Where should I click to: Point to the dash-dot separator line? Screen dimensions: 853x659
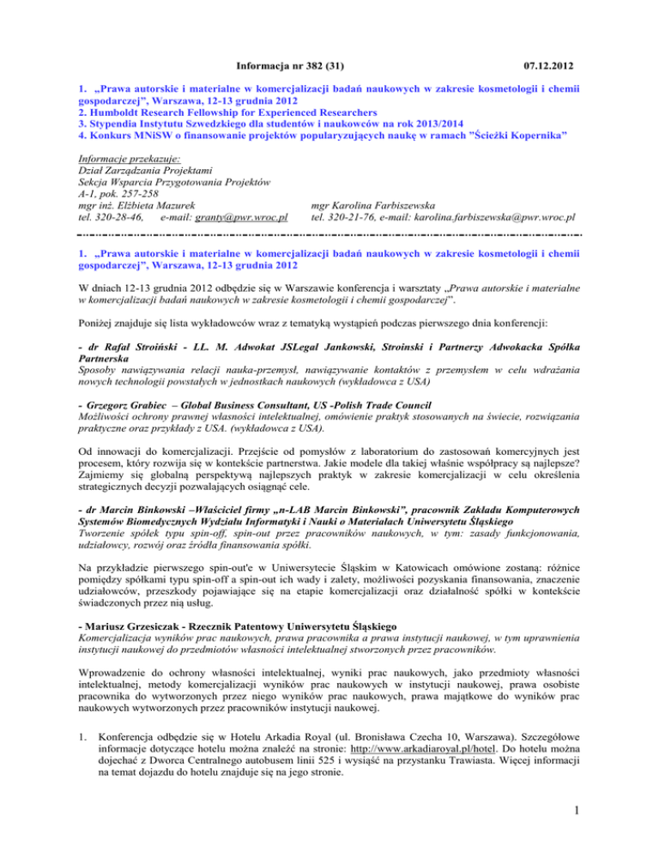click(x=329, y=233)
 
